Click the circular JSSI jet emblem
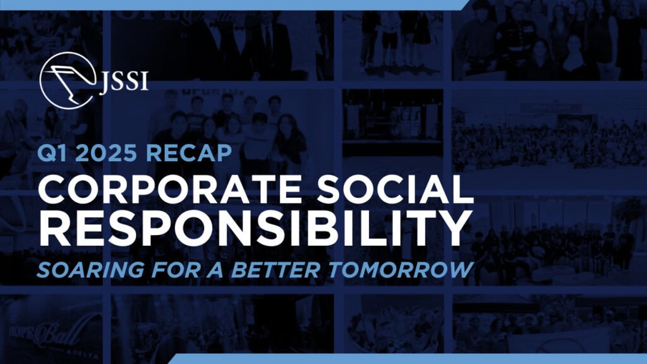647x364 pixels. coord(67,80)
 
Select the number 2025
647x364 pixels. coord(106,153)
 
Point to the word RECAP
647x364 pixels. coord(189,153)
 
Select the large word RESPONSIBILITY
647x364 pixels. coord(255,228)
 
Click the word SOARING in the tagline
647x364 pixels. coord(91,269)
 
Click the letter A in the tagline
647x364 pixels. coord(215,269)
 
